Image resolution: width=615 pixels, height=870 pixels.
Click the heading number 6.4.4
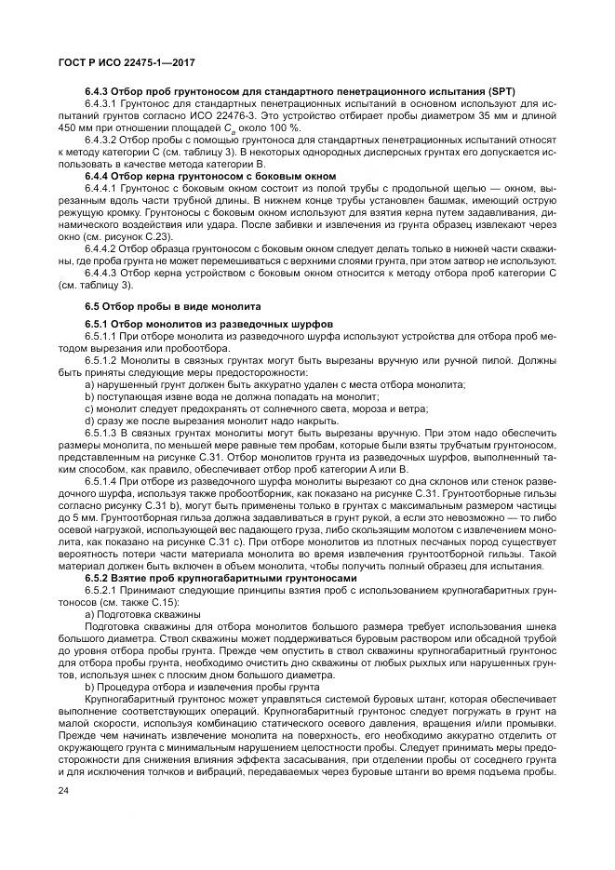(x=100, y=175)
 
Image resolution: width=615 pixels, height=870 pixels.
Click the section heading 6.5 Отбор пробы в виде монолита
(x=172, y=305)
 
